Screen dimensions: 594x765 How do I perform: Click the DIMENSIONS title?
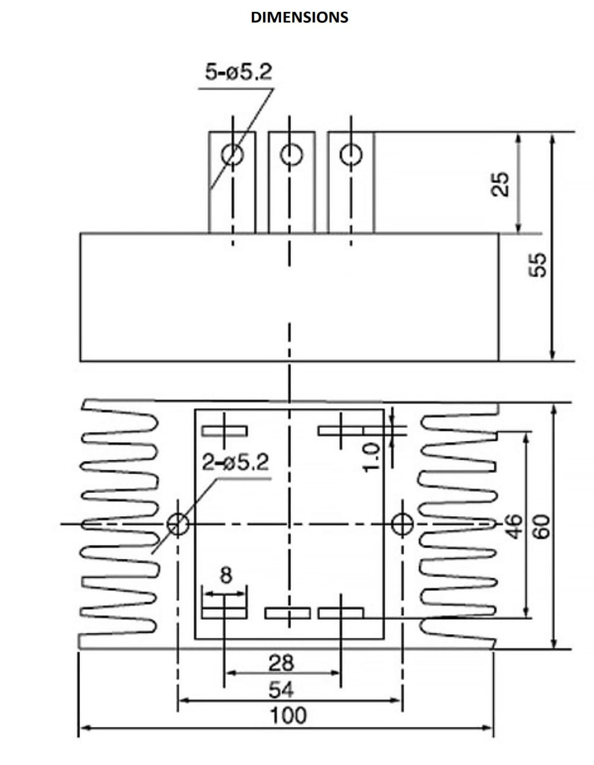(299, 17)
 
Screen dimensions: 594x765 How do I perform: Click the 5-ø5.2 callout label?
(238, 72)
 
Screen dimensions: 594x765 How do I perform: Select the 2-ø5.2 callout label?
(235, 462)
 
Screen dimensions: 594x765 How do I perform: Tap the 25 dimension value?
(500, 184)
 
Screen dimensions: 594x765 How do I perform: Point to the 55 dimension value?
(538, 265)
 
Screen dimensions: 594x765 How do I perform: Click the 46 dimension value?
(516, 527)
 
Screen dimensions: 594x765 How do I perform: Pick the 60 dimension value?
(541, 527)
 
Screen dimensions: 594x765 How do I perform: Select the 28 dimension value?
(281, 663)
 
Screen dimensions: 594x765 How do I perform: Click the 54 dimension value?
(281, 690)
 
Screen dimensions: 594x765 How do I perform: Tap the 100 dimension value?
(288, 715)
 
